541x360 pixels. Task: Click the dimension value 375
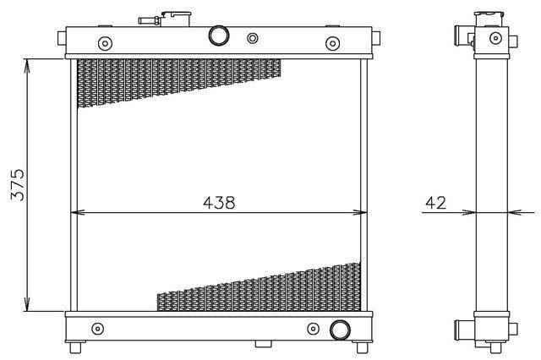click(x=18, y=185)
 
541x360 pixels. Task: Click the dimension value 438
click(x=219, y=203)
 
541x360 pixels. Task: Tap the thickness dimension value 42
click(x=436, y=203)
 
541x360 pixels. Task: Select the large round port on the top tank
click(x=219, y=35)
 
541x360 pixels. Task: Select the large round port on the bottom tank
click(x=340, y=330)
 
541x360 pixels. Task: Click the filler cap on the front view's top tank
click(x=176, y=19)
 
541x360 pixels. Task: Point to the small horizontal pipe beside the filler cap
click(x=149, y=20)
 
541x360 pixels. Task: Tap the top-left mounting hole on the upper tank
click(x=105, y=43)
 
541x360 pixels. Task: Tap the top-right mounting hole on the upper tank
click(x=332, y=43)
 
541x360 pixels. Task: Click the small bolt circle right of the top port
click(x=253, y=38)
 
